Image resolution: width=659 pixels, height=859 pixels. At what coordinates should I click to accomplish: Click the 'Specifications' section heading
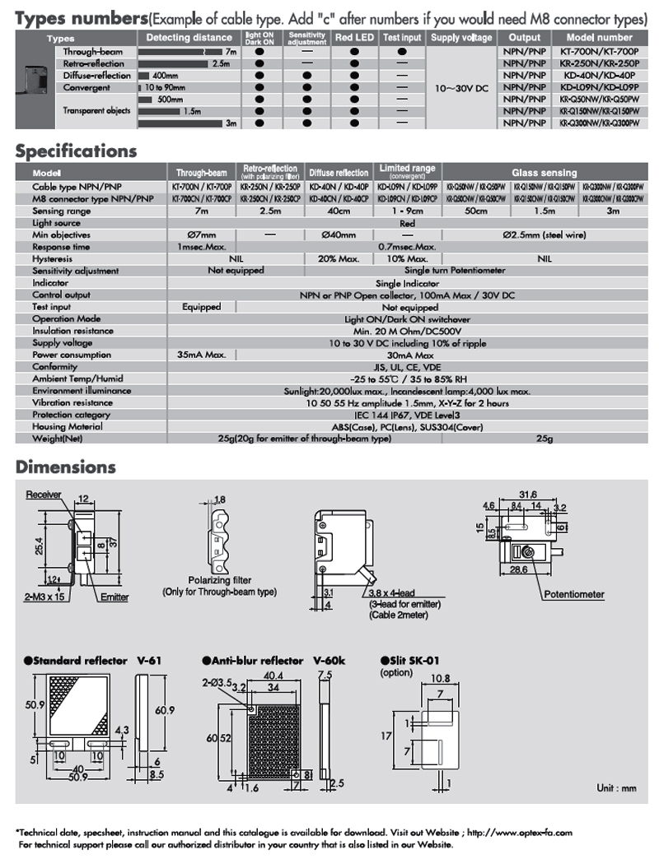pyautogui.click(x=76, y=151)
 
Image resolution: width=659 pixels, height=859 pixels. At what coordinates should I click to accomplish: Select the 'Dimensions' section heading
pyautogui.click(x=66, y=467)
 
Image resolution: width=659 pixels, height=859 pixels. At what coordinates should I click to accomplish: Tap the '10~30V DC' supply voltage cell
pyautogui.click(x=461, y=86)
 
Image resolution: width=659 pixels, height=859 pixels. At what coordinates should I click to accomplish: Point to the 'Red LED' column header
pyautogui.click(x=354, y=38)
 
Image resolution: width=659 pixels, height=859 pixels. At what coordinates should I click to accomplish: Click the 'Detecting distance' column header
pyautogui.click(x=189, y=38)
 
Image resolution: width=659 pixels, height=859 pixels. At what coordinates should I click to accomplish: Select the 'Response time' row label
pyautogui.click(x=61, y=247)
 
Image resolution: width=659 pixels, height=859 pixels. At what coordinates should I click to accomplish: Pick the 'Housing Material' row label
pyautogui.click(x=68, y=427)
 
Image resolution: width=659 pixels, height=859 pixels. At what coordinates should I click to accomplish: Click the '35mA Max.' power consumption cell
pyautogui.click(x=202, y=355)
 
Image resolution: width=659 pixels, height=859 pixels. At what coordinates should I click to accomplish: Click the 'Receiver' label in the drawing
pyautogui.click(x=44, y=495)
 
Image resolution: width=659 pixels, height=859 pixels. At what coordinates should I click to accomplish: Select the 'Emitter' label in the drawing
pyautogui.click(x=115, y=597)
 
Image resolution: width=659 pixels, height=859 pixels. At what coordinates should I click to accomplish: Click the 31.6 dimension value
pyautogui.click(x=527, y=495)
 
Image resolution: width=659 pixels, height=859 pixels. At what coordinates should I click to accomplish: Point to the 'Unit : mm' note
pyautogui.click(x=616, y=788)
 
